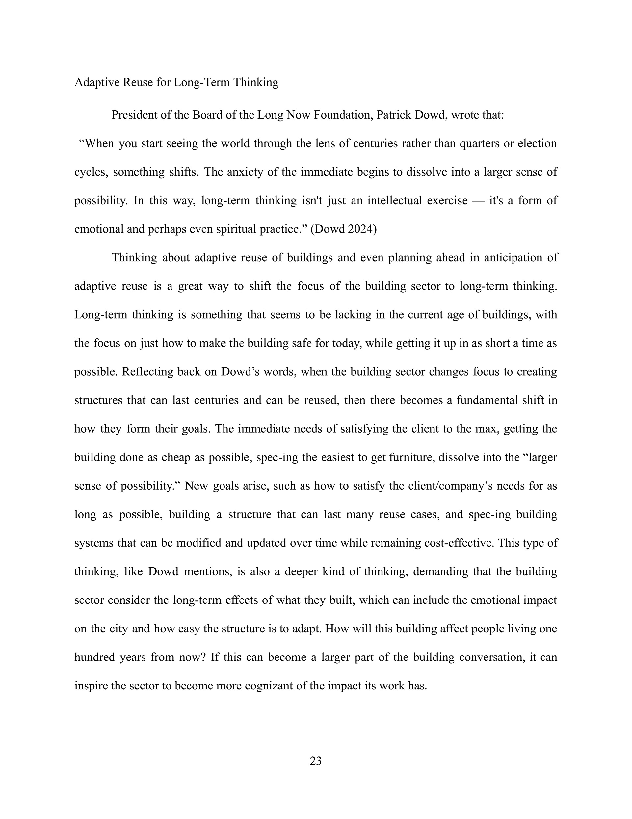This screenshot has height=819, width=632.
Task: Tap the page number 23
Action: click(316, 761)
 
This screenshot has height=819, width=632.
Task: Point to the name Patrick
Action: click(393, 115)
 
